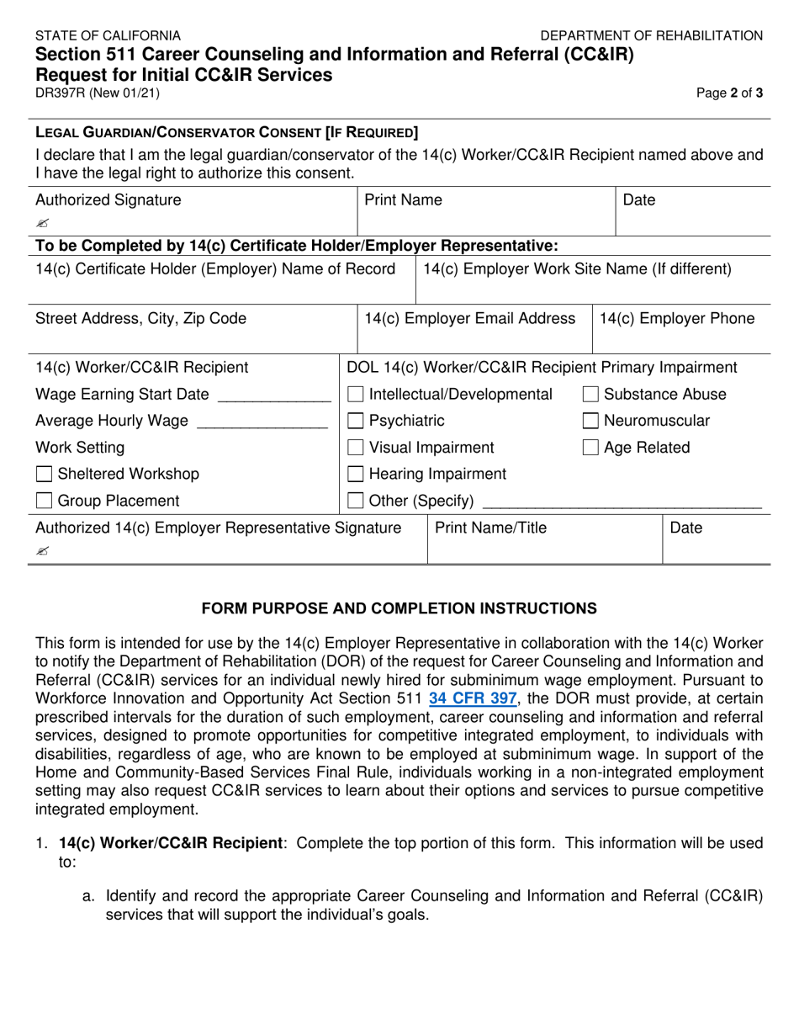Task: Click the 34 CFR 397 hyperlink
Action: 474,698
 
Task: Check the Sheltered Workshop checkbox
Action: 45,475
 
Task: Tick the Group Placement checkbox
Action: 45,502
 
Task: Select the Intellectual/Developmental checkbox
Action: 356,395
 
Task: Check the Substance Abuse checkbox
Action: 590,395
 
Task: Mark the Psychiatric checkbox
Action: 356,422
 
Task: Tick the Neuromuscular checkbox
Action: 590,422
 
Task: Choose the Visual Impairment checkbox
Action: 356,448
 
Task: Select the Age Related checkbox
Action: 590,448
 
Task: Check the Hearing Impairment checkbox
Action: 356,475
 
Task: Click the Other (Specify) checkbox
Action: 356,502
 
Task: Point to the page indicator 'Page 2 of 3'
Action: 729,94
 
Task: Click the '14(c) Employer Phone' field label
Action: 676,319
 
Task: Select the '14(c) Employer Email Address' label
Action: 469,319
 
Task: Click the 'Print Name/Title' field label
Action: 490,528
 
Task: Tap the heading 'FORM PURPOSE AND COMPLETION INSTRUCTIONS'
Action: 399,608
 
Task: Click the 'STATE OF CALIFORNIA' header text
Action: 108,35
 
